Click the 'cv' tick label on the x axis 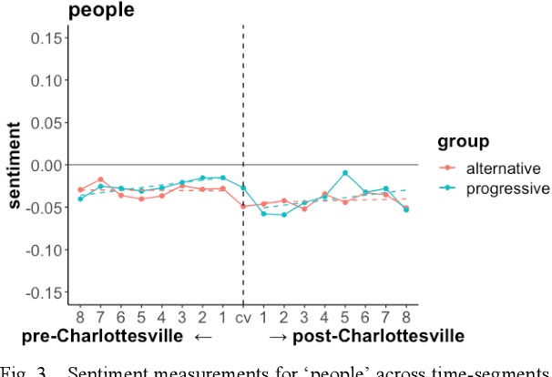coord(243,317)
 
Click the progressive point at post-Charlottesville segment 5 coord(345,173)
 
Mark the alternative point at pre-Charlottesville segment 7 coord(100,179)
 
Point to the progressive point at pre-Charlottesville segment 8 coord(80,198)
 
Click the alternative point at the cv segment coord(243,207)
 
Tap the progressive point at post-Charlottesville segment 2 coord(284,215)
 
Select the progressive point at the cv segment coord(243,188)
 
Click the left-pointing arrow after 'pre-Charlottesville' coord(203,337)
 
